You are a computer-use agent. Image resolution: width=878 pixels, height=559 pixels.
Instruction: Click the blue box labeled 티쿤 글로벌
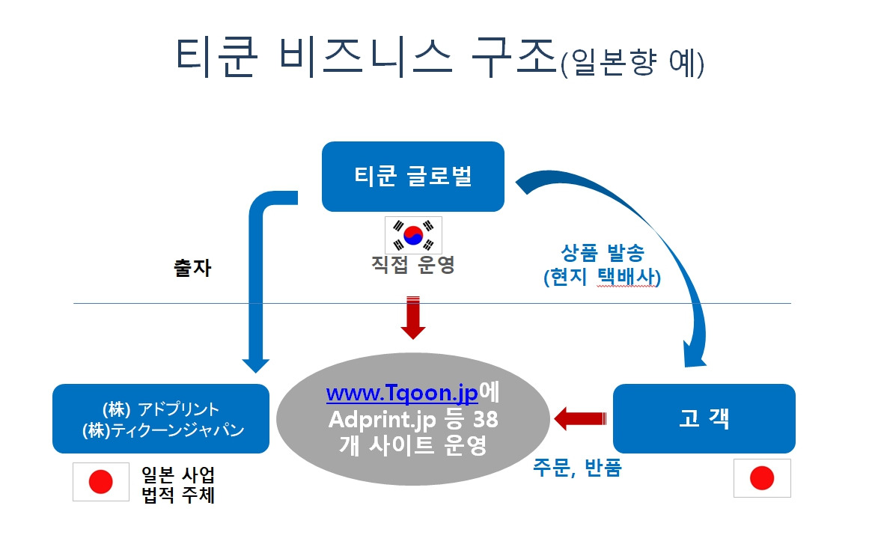click(x=412, y=177)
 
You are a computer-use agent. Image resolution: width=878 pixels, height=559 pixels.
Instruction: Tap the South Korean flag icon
click(x=413, y=235)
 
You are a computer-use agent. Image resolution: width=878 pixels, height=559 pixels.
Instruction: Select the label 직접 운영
click(x=413, y=266)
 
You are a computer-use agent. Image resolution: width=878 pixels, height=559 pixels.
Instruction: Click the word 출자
click(x=192, y=269)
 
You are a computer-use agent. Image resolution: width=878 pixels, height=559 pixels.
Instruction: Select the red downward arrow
click(x=413, y=317)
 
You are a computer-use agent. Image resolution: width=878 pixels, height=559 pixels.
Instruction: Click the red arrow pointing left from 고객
click(x=580, y=418)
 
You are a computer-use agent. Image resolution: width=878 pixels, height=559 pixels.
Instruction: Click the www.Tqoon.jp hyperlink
click(x=402, y=394)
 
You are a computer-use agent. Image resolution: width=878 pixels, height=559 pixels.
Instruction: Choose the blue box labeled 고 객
click(x=704, y=418)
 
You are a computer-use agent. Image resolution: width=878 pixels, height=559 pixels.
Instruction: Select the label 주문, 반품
click(x=577, y=470)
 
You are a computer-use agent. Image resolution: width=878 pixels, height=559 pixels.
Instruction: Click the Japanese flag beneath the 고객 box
click(x=762, y=478)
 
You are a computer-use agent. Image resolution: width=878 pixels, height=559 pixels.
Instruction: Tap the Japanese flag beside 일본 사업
click(x=100, y=482)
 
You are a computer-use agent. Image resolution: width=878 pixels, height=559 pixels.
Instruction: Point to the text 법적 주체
click(x=178, y=495)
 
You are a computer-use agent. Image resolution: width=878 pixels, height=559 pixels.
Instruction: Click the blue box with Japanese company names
click(x=160, y=418)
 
